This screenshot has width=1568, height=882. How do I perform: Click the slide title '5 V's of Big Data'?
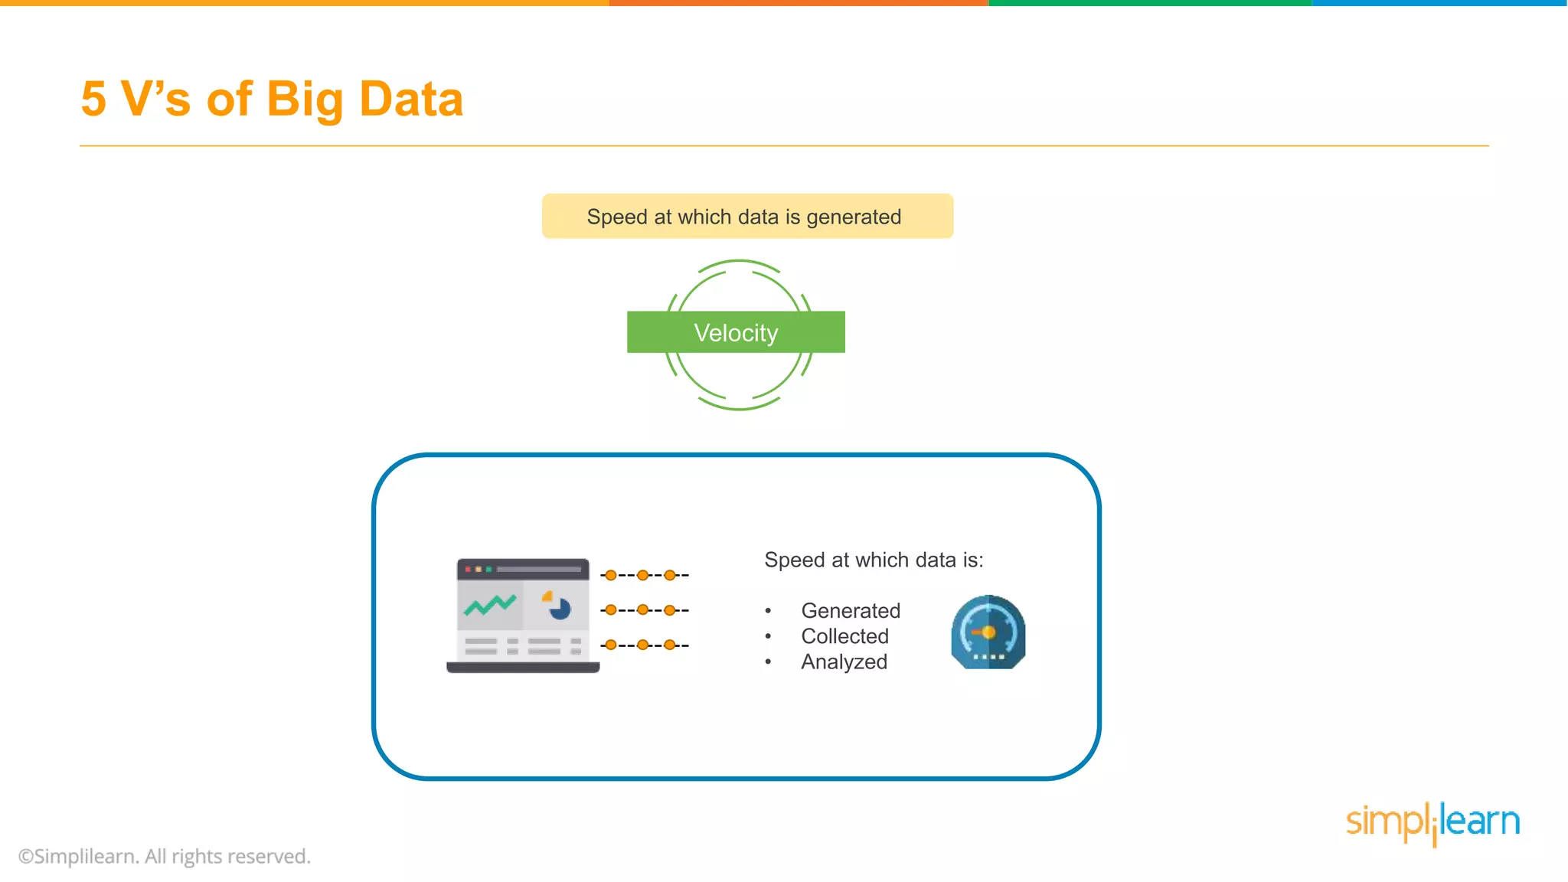click(x=272, y=100)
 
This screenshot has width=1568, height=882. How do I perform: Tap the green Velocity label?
click(x=736, y=332)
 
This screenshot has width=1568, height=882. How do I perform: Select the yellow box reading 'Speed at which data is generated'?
click(x=747, y=217)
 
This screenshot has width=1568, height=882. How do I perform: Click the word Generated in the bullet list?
click(x=851, y=611)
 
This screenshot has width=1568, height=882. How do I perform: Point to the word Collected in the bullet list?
click(x=844, y=636)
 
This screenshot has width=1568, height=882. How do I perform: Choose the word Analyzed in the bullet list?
click(x=844, y=662)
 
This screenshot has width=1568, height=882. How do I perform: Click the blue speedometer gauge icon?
click(x=988, y=632)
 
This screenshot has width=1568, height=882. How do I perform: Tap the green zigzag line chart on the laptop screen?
click(x=490, y=606)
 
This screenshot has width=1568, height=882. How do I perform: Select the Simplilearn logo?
click(x=1432, y=823)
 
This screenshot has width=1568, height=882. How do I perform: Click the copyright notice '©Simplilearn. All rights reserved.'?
click(x=165, y=856)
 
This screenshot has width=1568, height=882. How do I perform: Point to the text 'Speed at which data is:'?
click(x=874, y=560)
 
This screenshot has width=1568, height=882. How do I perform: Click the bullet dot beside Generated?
click(x=768, y=611)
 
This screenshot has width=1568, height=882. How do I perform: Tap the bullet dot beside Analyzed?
click(x=768, y=662)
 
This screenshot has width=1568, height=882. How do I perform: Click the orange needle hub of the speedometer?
click(x=988, y=632)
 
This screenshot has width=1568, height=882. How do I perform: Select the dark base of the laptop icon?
click(x=523, y=668)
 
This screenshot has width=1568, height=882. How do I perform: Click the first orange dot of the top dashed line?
click(x=611, y=575)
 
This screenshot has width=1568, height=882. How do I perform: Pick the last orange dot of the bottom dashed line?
click(x=670, y=645)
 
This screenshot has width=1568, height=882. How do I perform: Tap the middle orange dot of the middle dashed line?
click(x=643, y=610)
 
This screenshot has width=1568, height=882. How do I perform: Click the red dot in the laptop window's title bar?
click(x=468, y=570)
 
